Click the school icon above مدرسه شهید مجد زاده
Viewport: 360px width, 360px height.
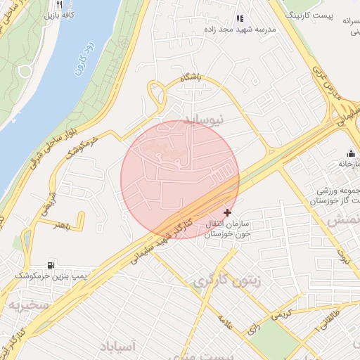click(240, 19)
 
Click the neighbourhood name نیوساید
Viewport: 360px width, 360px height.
click(203, 120)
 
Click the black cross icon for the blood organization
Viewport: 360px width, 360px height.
click(226, 212)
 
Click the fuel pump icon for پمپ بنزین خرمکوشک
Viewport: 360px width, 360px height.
click(51, 265)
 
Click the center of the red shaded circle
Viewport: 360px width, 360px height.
click(180, 179)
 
